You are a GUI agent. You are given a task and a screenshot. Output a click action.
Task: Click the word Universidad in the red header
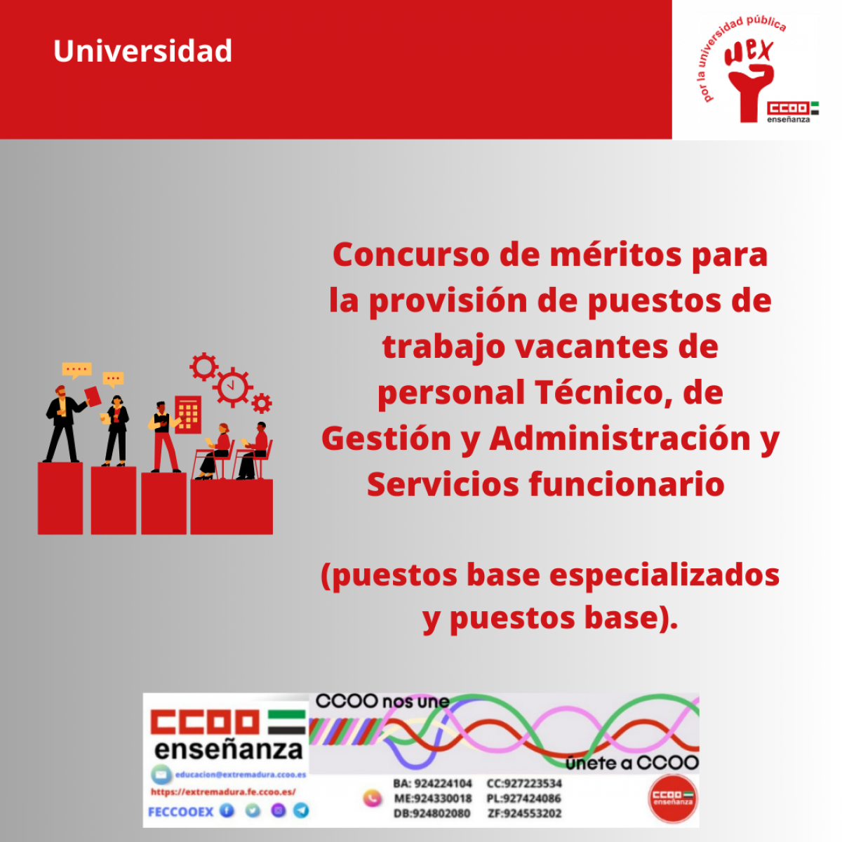tap(142, 51)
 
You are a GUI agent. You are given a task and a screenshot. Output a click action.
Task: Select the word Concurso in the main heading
tap(411, 254)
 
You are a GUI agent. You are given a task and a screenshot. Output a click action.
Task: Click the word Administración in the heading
tap(620, 439)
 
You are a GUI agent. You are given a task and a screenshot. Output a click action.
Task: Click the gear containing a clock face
tap(233, 387)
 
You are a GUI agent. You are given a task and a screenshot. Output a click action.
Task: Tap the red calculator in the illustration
tap(188, 414)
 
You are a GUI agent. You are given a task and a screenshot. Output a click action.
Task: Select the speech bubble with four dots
tap(76, 370)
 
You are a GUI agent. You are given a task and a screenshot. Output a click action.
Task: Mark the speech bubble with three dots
tap(113, 379)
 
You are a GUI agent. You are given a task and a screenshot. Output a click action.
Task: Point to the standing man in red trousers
tap(163, 436)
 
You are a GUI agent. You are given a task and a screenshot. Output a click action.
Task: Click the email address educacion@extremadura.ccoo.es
tap(240, 775)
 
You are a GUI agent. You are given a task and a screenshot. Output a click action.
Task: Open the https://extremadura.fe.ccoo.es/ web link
tap(223, 792)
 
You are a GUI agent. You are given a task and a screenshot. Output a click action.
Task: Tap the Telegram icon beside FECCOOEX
tap(301, 810)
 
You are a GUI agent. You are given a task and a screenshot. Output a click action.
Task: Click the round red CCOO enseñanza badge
tap(672, 798)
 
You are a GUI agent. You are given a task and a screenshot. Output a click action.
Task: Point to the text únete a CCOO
tap(632, 763)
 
